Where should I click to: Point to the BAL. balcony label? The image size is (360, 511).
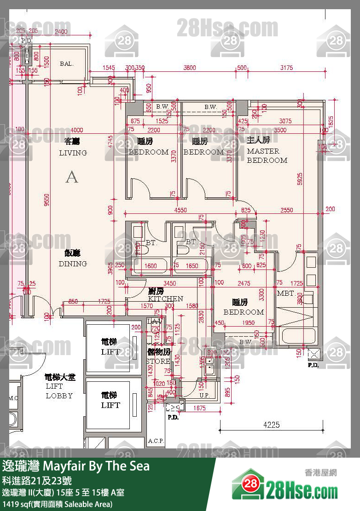coord(67,64)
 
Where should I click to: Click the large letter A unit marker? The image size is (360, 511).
coord(72,177)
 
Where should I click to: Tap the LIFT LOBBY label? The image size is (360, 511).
coord(59,386)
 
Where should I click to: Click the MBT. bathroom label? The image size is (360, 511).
coord(286,293)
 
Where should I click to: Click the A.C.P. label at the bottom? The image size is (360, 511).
coord(157,441)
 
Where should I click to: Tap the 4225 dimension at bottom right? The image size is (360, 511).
coord(271,425)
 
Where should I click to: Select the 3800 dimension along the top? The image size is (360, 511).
coord(190,68)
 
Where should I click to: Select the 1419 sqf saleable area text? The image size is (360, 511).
coord(58,504)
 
